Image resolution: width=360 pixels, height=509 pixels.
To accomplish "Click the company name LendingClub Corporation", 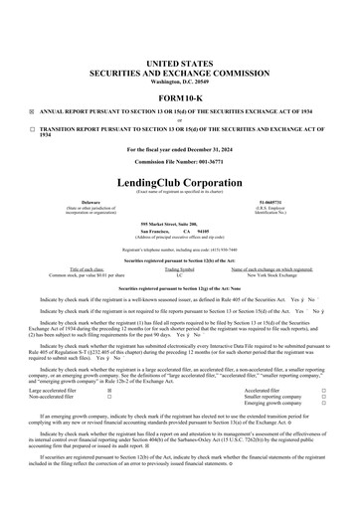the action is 179,186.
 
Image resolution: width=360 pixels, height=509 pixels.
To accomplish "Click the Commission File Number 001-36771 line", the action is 179,164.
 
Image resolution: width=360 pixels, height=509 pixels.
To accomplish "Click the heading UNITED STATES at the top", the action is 179,63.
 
